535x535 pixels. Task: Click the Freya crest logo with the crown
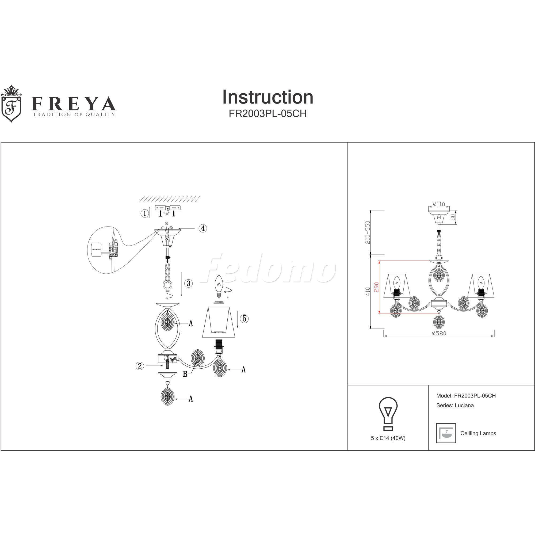[11, 104]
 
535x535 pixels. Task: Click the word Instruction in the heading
[268, 97]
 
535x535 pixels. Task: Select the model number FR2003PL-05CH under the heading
[268, 114]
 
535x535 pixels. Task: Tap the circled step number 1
[144, 213]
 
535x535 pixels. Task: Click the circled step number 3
[189, 283]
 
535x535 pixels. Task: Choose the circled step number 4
[203, 228]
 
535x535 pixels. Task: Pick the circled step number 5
[244, 318]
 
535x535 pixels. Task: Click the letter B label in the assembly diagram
[185, 374]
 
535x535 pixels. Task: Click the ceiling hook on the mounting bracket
[167, 212]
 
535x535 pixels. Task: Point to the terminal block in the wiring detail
[113, 250]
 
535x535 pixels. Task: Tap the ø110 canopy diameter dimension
[439, 204]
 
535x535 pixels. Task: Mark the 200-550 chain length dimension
[368, 232]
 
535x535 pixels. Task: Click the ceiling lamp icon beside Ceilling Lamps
[446, 433]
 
